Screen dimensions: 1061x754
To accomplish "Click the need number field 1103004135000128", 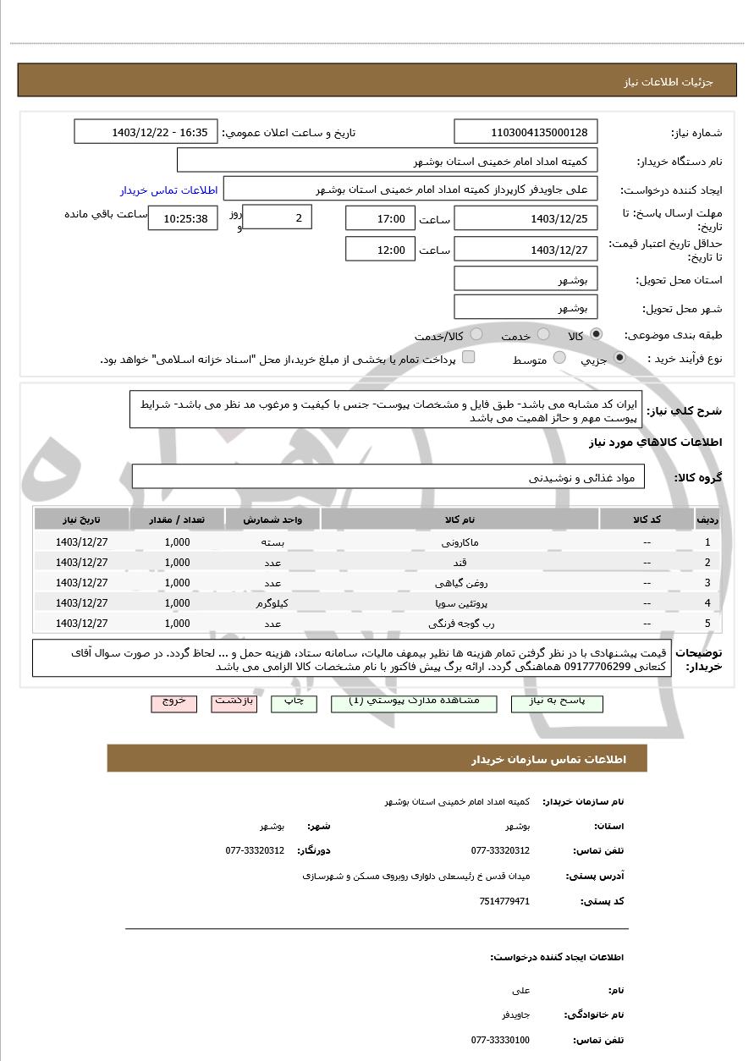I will (x=526, y=132).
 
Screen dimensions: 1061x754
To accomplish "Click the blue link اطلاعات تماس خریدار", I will (x=168, y=190).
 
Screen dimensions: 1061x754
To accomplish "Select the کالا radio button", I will (x=597, y=335).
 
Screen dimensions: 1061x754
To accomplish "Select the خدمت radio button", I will (x=543, y=335).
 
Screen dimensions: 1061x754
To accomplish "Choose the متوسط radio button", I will (x=559, y=359).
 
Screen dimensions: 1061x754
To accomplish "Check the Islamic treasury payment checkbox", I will (x=468, y=358).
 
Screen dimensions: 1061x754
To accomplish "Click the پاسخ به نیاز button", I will (x=558, y=703).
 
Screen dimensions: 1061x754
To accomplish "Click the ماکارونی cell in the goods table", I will (x=460, y=542).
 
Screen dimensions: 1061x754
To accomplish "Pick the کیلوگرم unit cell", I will (x=272, y=603).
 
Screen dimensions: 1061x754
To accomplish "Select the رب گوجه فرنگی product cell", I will (x=460, y=624).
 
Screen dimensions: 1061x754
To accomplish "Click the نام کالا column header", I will (x=460, y=520).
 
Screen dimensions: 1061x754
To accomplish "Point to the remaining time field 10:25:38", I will (x=184, y=218).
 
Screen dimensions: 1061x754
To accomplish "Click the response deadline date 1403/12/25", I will (x=526, y=219).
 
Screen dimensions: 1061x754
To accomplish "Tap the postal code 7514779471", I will (x=504, y=902).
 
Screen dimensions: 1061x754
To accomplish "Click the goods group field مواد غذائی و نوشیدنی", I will (x=388, y=477).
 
